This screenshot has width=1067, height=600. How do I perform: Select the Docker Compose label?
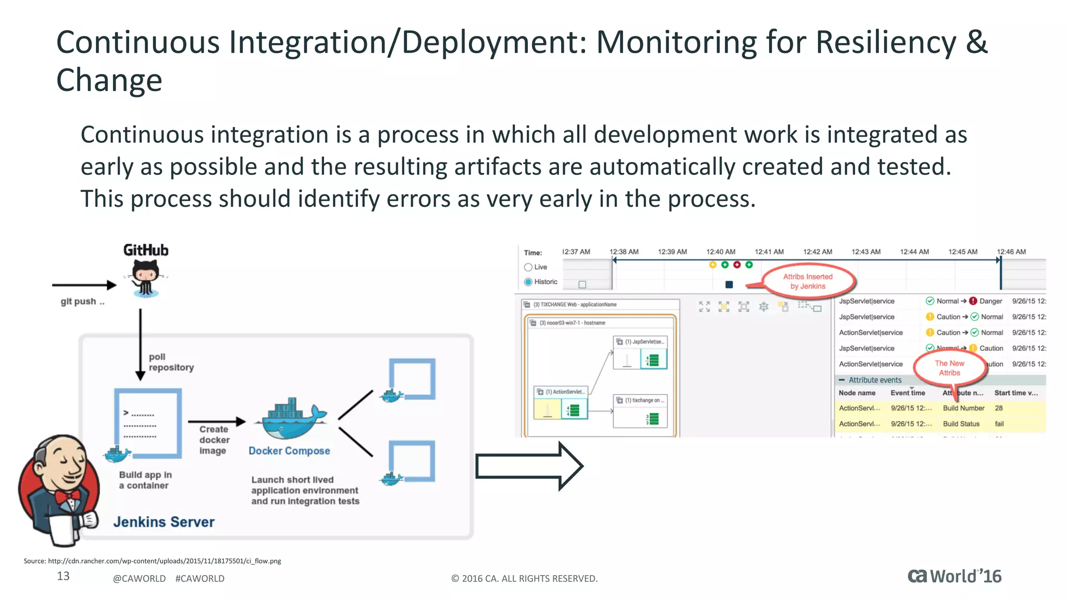point(289,451)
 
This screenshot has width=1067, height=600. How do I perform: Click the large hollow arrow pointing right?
point(529,466)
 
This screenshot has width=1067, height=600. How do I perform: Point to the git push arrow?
point(84,285)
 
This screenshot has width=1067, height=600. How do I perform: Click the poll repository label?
point(171,362)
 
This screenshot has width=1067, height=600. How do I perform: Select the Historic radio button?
point(528,282)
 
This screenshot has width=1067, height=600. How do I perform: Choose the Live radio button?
point(528,267)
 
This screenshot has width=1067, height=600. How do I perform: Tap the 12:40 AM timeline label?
point(721,252)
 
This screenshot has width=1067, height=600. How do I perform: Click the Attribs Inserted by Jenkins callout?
point(808,282)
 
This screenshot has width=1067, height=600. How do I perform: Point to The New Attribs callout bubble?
point(949,368)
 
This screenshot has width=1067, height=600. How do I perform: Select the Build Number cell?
point(963,408)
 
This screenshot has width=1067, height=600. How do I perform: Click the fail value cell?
point(999,424)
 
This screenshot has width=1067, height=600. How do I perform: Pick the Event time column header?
point(908,393)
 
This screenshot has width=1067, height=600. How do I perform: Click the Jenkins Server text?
point(164,522)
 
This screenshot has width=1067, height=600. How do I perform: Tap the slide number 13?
point(63,576)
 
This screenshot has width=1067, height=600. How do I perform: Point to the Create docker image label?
point(214,440)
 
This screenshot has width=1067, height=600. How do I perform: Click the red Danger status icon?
point(973,301)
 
